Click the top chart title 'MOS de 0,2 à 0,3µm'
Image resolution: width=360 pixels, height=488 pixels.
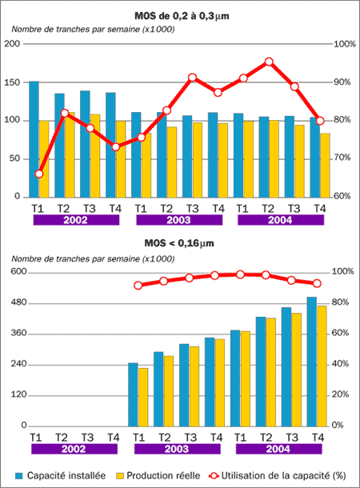[182, 16]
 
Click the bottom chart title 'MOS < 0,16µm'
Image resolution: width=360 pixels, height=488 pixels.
[179, 243]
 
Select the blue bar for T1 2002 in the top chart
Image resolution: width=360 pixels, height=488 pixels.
[34, 139]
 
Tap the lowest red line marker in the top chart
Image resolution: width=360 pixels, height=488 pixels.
[39, 174]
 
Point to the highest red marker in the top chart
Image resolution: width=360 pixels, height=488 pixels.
[269, 62]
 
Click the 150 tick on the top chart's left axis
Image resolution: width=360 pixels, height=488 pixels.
[11, 82]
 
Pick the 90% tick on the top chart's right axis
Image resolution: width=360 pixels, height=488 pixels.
[342, 82]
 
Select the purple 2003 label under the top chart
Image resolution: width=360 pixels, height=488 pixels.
[179, 220]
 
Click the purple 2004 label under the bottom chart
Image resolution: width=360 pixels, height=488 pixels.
[278, 449]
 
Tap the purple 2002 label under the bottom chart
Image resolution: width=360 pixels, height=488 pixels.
[74, 449]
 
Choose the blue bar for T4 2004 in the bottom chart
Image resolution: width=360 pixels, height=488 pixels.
[311, 362]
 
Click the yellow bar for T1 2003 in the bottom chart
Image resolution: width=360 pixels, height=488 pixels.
[143, 397]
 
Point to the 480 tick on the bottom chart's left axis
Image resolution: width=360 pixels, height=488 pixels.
[18, 303]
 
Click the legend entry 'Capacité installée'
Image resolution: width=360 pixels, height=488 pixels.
[61, 475]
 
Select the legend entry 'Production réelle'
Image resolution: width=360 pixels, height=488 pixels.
[158, 475]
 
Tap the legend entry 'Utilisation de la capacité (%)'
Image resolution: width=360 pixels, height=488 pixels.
[278, 475]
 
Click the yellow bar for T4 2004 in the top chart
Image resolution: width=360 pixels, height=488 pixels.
[325, 166]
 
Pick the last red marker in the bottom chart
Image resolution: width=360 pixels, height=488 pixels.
[317, 283]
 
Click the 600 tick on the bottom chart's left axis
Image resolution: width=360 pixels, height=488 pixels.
[18, 272]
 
